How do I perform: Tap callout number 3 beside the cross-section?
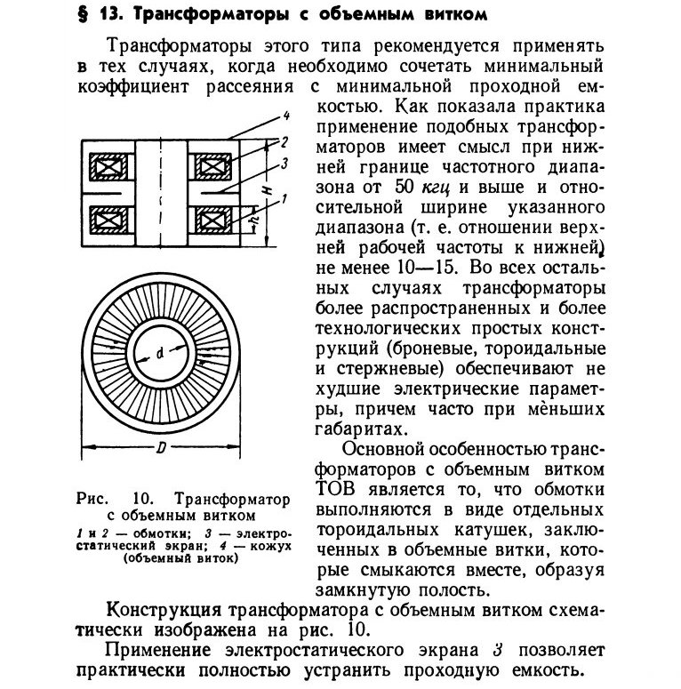[x=282, y=164]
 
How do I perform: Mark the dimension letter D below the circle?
[x=162, y=449]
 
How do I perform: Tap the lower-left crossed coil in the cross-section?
[x=108, y=220]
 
